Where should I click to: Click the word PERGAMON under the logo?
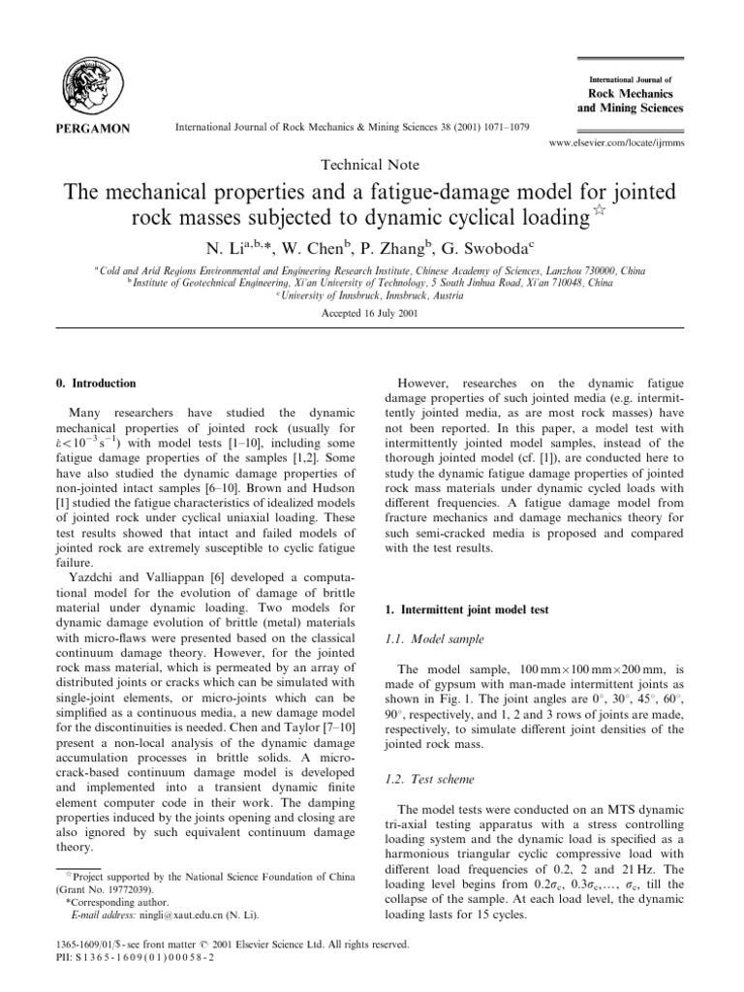click(x=88, y=127)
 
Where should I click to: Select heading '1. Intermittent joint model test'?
click(x=453, y=609)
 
